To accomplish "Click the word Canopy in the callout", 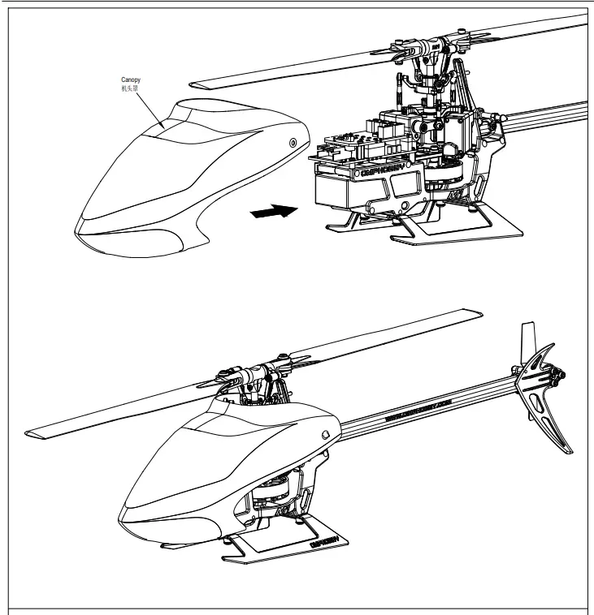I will [130, 80].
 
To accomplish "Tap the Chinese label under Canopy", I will [130, 88].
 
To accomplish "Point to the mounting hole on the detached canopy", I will [292, 143].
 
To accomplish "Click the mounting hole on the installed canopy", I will [325, 434].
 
